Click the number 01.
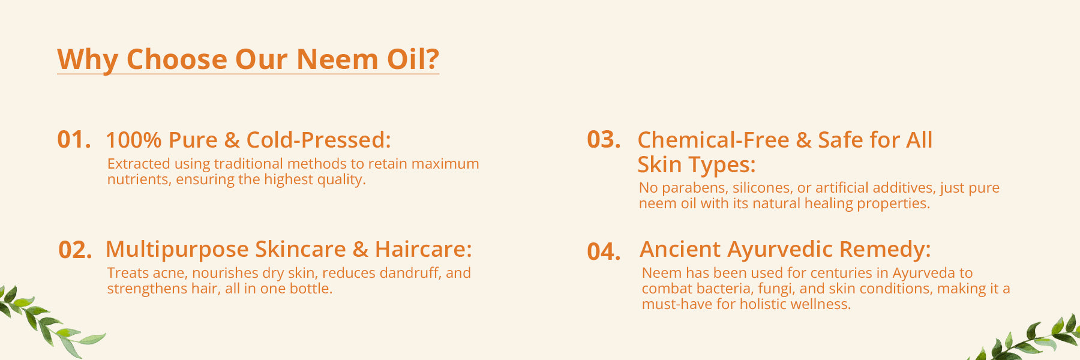click(x=74, y=140)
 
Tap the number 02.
click(x=75, y=250)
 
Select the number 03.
click(x=604, y=140)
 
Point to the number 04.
click(x=604, y=251)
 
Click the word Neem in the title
click(x=337, y=59)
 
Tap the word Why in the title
click(x=88, y=61)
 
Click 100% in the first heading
click(x=134, y=140)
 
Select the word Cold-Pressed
click(x=319, y=140)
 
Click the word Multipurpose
click(x=177, y=250)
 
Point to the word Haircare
click(x=424, y=249)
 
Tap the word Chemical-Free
click(x=713, y=140)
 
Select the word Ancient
click(x=680, y=249)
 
